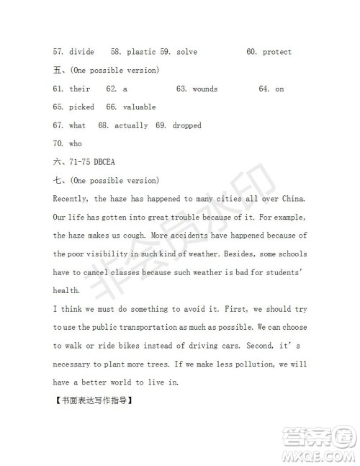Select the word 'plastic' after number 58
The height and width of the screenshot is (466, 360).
pyautogui.click(x=141, y=52)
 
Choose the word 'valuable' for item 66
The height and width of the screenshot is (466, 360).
pyautogui.click(x=139, y=107)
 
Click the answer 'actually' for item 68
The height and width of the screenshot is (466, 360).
pyautogui.click(x=131, y=125)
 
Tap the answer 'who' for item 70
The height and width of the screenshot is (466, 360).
pyautogui.click(x=76, y=143)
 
